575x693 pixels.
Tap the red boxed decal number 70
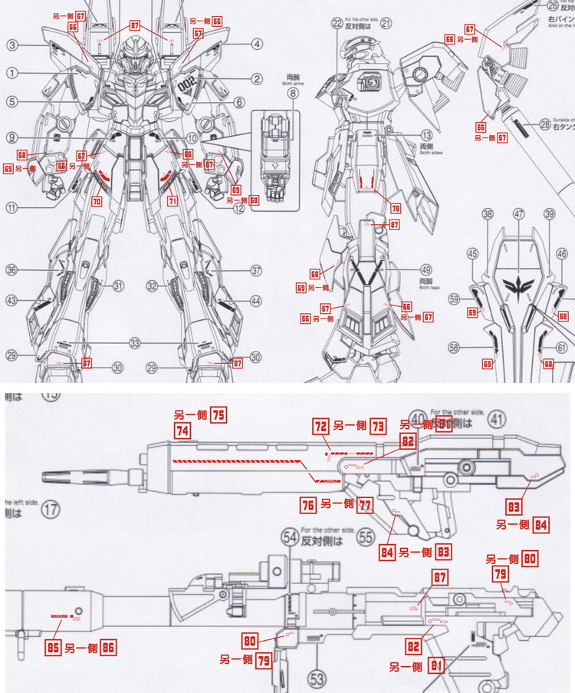[x=97, y=201]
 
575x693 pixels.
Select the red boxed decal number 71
[x=172, y=201]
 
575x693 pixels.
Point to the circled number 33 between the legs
[x=136, y=343]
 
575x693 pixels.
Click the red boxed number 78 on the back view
[x=396, y=207]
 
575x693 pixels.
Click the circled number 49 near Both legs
[x=426, y=269]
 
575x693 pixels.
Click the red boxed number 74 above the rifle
[x=182, y=432]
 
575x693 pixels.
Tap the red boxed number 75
[x=219, y=414]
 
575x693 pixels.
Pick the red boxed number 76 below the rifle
[x=307, y=503]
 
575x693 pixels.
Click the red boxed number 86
[x=107, y=647]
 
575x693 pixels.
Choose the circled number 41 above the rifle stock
[x=498, y=419]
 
